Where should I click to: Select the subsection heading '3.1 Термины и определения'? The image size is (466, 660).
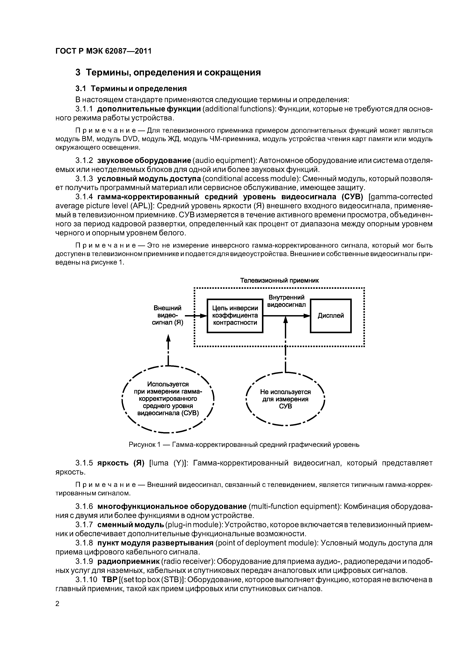tap(131, 88)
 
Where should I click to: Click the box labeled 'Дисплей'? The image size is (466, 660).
tap(331, 316)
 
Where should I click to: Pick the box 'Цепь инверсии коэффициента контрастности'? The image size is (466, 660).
tap(235, 316)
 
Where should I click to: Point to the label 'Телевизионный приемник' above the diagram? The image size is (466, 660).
tap(279, 280)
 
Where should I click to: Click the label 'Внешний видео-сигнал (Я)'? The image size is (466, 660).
tap(167, 315)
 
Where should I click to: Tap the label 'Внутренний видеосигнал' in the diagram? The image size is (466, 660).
tap(286, 301)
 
